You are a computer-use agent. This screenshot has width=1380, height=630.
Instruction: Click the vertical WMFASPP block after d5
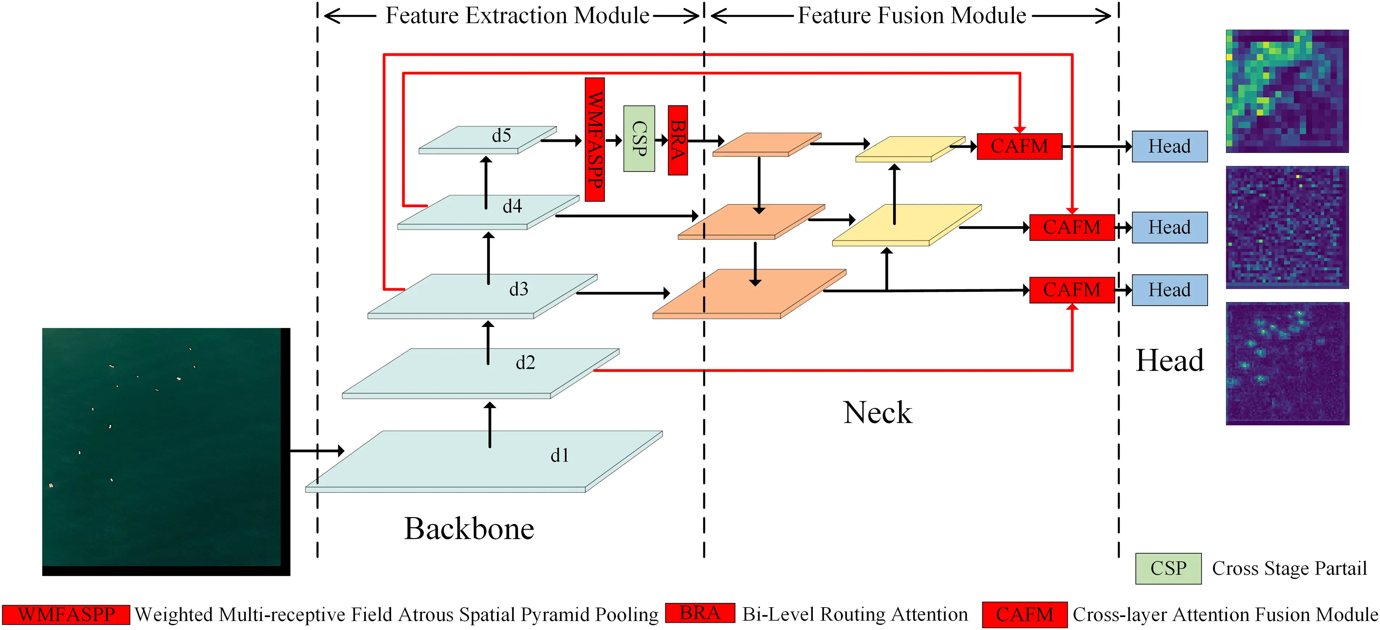(x=595, y=139)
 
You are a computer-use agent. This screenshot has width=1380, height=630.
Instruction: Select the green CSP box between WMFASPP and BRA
(x=639, y=138)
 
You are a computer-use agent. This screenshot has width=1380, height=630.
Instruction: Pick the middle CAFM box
(x=1071, y=227)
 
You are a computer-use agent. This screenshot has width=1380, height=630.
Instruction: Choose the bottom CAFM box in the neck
(x=1071, y=290)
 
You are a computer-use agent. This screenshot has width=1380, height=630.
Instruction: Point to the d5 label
(x=501, y=135)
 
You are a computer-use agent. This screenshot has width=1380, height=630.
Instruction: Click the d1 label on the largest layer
(x=559, y=455)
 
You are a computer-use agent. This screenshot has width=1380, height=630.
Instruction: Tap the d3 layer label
(x=518, y=289)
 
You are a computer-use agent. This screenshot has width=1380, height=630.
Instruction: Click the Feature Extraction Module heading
(x=517, y=16)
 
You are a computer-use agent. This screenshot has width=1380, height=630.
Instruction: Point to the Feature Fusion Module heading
(x=912, y=16)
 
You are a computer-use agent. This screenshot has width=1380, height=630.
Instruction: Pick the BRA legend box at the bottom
(x=700, y=613)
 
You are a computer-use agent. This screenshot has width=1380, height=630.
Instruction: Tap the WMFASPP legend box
(x=66, y=614)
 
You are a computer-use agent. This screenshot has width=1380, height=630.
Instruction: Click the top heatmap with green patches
(x=1287, y=91)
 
